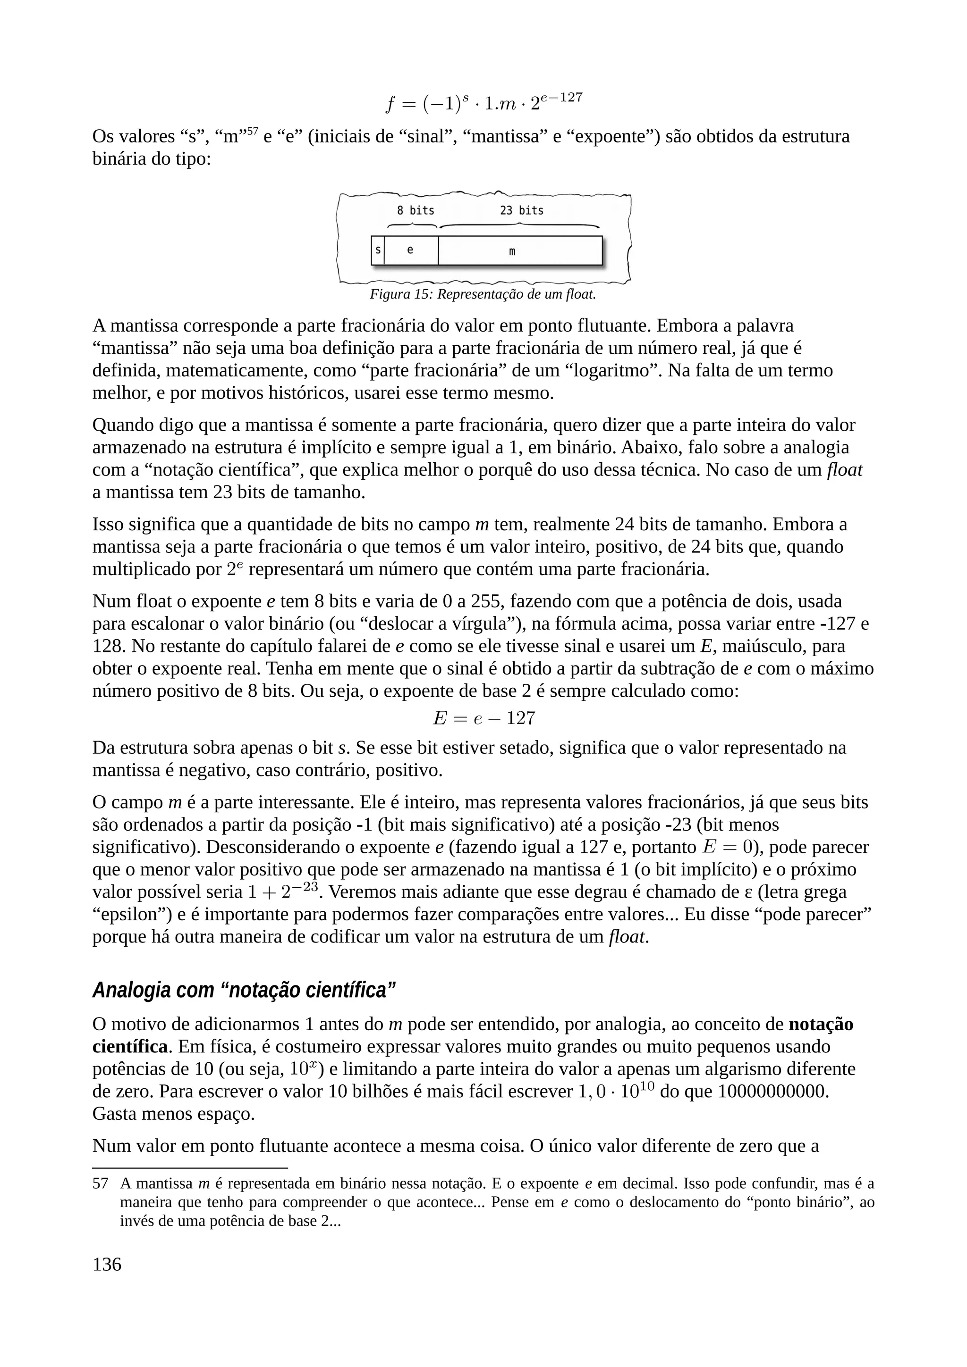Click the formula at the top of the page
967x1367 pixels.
pyautogui.click(x=483, y=102)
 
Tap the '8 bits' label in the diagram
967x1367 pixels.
pyautogui.click(x=416, y=211)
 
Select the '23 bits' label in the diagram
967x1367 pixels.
pyautogui.click(x=521, y=211)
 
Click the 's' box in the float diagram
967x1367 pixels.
pyautogui.click(x=377, y=250)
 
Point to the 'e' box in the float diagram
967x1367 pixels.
pyautogui.click(x=410, y=250)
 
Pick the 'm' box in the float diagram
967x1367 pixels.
pyautogui.click(x=519, y=250)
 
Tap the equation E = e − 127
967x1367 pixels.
pyautogui.click(x=483, y=718)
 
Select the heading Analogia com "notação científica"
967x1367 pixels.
pyautogui.click(x=244, y=990)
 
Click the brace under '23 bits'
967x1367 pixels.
pyautogui.click(x=519, y=225)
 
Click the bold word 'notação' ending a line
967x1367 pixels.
pyautogui.click(x=821, y=1024)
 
